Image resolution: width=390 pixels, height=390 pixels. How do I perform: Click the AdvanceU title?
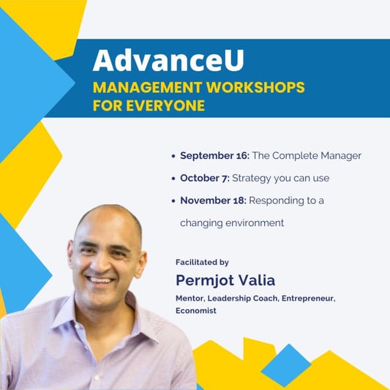168,61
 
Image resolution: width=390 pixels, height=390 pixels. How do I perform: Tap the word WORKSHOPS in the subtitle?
255,87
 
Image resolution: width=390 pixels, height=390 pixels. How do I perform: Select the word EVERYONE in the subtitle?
165,105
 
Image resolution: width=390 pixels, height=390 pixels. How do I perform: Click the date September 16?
214,156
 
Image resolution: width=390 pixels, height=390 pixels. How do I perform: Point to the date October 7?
205,178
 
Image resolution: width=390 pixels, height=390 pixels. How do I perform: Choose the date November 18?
213,200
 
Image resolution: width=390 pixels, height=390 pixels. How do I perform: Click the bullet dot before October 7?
173,179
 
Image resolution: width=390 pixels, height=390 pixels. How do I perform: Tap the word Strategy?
252,179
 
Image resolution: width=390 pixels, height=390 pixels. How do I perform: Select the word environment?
255,223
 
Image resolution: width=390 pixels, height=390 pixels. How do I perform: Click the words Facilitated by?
202,262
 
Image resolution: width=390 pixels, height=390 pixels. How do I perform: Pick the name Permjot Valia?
225,280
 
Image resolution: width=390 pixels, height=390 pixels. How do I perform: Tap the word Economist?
196,310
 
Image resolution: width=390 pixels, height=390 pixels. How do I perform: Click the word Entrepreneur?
309,299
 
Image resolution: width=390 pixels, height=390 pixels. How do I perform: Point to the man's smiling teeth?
102,280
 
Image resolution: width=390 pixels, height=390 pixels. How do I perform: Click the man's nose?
100,263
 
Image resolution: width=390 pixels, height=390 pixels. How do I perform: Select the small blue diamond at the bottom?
286,365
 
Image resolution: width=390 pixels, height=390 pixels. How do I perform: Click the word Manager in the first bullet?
341,156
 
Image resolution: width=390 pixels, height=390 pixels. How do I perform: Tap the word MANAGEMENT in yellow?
147,87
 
